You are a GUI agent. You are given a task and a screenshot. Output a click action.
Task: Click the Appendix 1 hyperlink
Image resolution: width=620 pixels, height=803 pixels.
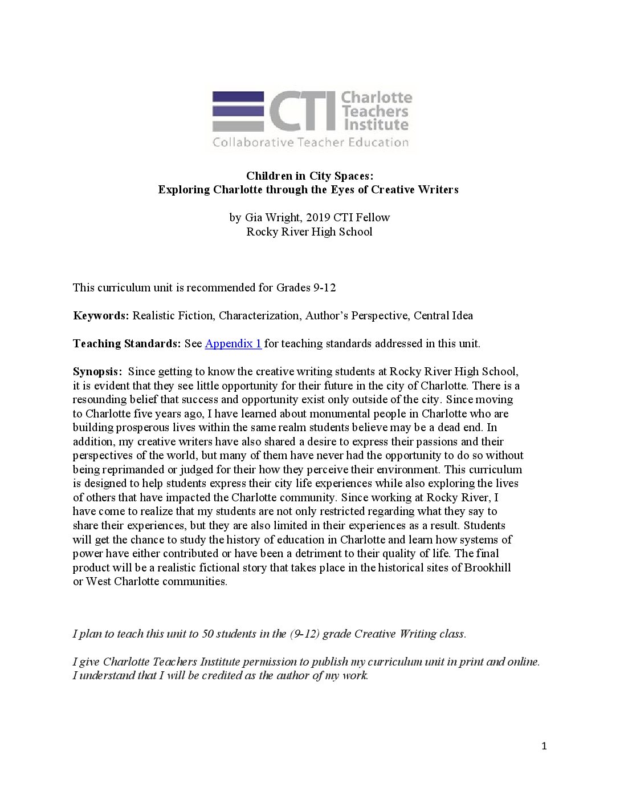pyautogui.click(x=233, y=343)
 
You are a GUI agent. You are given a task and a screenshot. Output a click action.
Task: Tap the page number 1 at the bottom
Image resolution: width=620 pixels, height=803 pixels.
pyautogui.click(x=544, y=746)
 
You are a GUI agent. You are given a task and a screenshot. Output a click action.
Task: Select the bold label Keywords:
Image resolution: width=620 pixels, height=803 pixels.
pyautogui.click(x=101, y=315)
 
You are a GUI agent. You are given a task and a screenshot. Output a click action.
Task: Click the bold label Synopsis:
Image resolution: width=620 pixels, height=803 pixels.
pyautogui.click(x=97, y=371)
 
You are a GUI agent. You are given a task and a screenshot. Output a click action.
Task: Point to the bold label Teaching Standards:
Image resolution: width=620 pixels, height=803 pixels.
pyautogui.click(x=127, y=343)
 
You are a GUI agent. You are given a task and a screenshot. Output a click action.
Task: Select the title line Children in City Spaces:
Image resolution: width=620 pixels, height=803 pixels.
pyautogui.click(x=309, y=175)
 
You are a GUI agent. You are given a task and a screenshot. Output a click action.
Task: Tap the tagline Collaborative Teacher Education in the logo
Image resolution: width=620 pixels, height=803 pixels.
pyautogui.click(x=311, y=143)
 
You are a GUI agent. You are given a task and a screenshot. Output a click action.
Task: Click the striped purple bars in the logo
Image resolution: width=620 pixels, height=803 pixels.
pyautogui.click(x=238, y=111)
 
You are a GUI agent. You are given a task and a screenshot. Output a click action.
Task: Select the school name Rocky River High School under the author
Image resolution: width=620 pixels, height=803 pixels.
pyautogui.click(x=309, y=232)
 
